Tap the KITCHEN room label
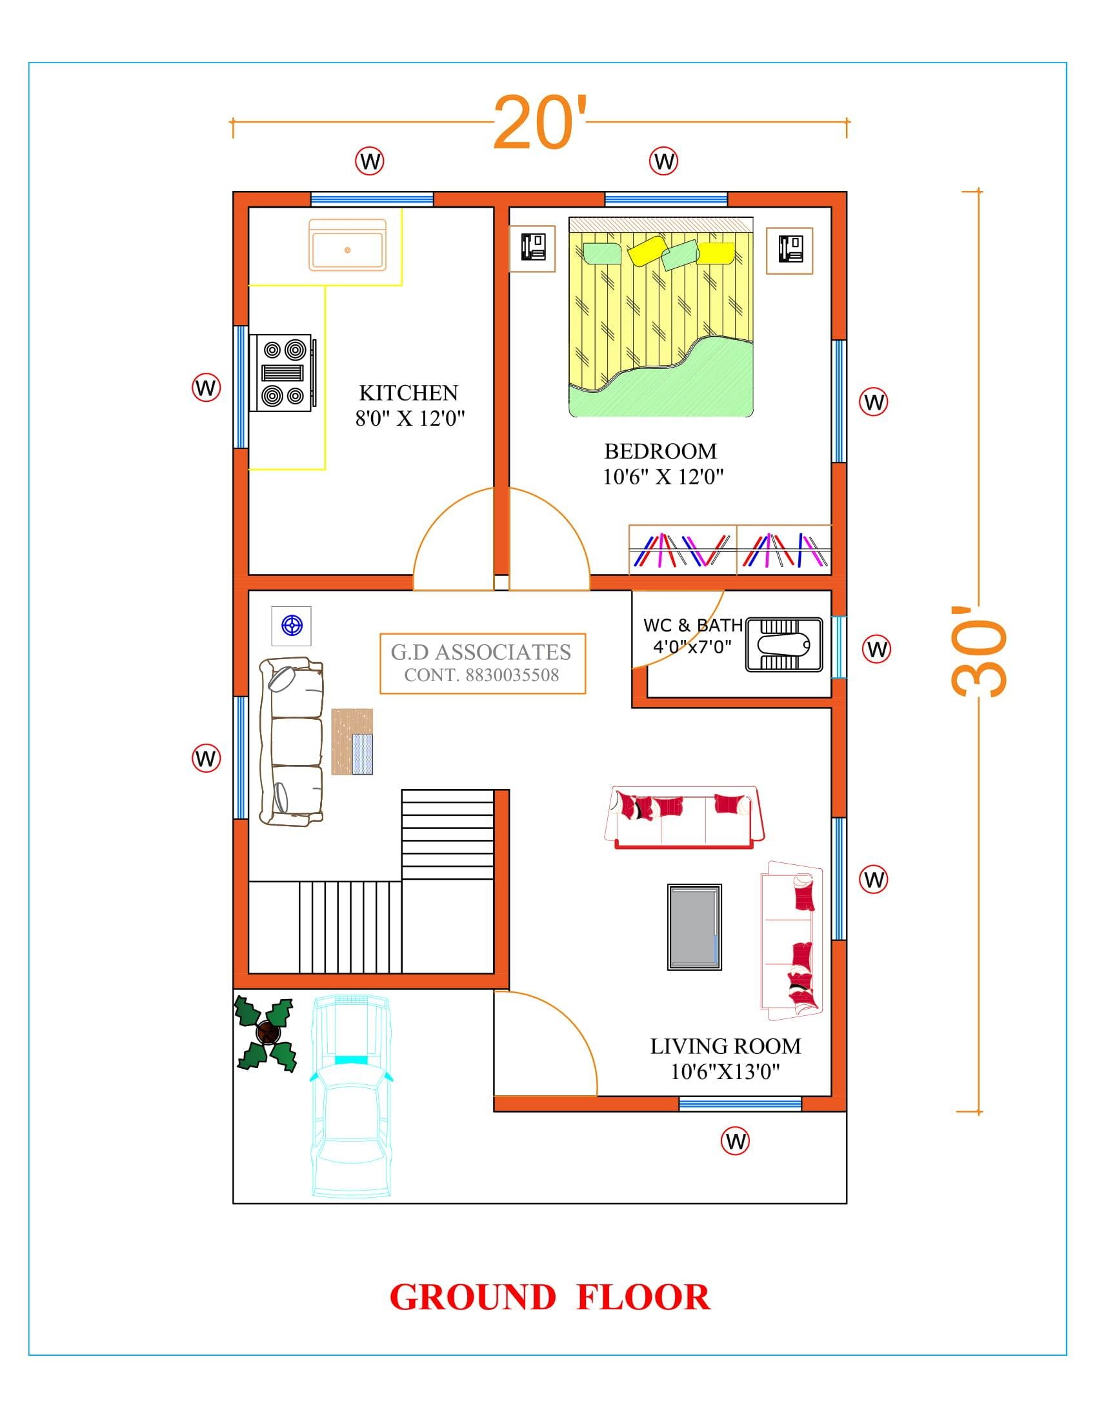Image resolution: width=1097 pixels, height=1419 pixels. (x=408, y=392)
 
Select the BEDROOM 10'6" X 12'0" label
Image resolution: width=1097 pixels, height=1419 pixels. (x=661, y=464)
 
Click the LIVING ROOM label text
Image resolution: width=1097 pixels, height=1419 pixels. (x=725, y=1046)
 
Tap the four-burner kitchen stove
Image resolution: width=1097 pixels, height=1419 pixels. (x=283, y=372)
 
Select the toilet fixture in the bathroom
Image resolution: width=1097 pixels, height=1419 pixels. (x=784, y=644)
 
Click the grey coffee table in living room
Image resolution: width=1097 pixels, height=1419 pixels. (x=694, y=927)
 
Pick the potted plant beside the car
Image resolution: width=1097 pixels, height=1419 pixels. (x=266, y=1033)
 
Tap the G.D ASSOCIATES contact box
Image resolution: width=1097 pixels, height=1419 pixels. (x=482, y=663)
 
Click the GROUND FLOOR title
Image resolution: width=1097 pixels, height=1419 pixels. (x=549, y=1298)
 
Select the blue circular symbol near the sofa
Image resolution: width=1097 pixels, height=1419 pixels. (x=291, y=626)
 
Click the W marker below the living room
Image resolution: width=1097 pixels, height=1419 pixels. (x=735, y=1141)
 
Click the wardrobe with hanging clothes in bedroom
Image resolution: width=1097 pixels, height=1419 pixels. (x=729, y=550)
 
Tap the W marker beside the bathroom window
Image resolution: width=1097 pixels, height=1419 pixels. (x=876, y=649)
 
